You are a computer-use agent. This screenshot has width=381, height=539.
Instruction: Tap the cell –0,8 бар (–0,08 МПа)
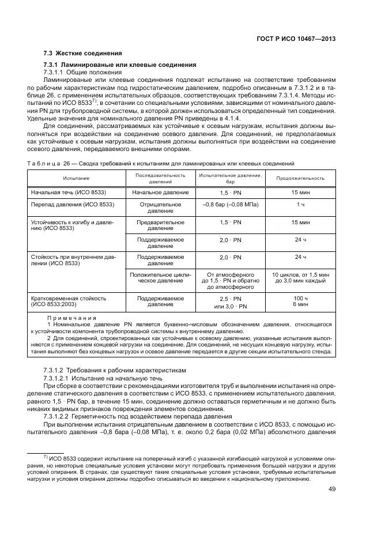[x=231, y=204]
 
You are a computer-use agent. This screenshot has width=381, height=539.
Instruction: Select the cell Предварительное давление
[x=160, y=225]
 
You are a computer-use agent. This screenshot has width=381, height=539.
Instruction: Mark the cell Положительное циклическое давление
[x=160, y=278]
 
